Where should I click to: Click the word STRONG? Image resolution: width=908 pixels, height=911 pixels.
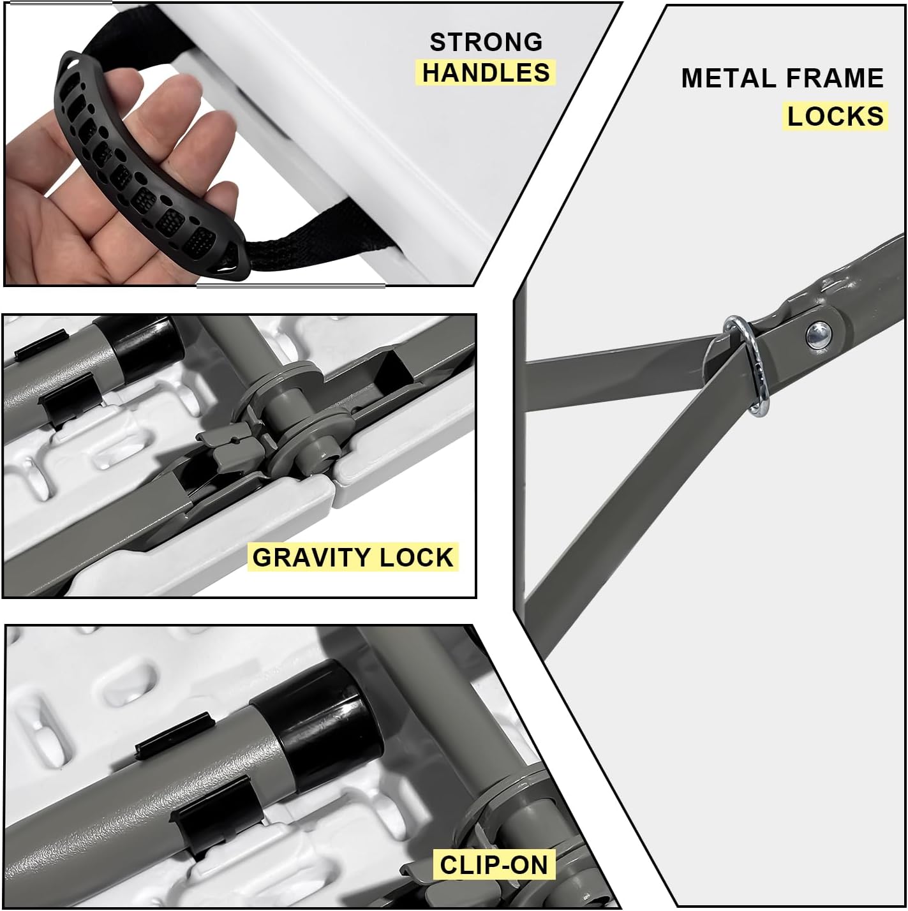(486, 42)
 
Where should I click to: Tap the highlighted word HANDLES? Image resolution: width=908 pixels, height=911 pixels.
(486, 73)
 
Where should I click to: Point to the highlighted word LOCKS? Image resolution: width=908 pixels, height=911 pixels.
(835, 116)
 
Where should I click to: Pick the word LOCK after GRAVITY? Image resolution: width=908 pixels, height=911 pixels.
(416, 557)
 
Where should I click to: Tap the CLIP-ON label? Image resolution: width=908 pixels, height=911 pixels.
(494, 864)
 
